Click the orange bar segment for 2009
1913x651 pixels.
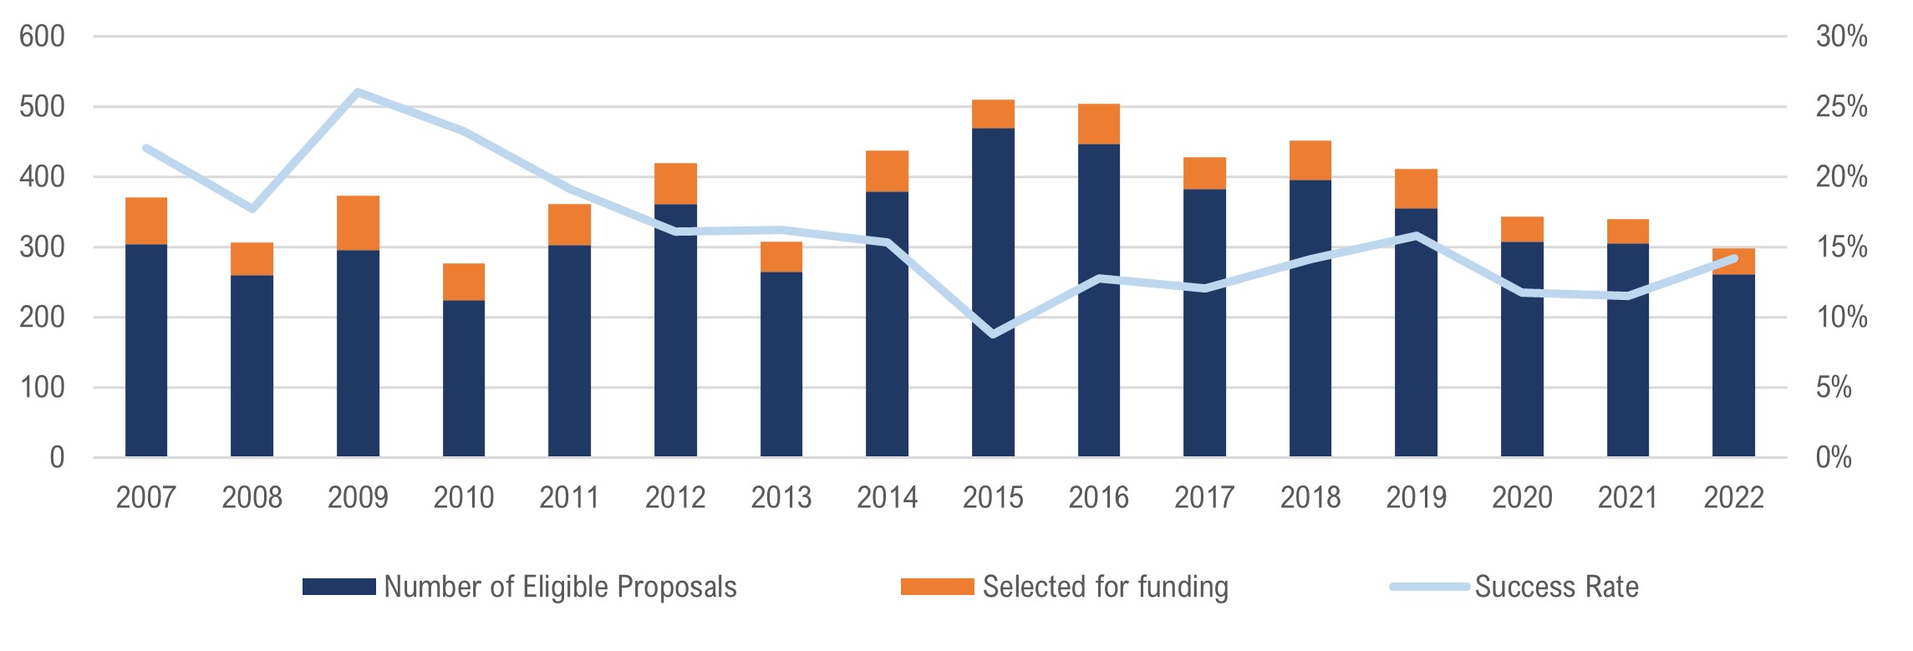358,223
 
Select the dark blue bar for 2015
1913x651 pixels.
993,292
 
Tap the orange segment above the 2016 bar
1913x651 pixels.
1099,125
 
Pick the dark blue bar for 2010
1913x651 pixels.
464,379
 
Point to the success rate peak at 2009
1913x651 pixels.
358,91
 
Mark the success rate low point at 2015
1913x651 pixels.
993,334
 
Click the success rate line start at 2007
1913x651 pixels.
146,149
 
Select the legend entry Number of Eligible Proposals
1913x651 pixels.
560,587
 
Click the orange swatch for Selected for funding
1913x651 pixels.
937,587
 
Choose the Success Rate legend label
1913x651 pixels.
1556,587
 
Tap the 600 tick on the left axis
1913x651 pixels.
42,37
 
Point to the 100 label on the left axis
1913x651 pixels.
42,388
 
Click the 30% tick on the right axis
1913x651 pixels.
1841,37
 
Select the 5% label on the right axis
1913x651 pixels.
1834,388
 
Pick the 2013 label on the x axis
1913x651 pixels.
781,498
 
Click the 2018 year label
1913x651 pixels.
1310,498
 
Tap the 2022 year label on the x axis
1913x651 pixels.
1733,498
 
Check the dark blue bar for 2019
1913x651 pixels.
1417,333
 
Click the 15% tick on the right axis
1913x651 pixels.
1841,247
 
